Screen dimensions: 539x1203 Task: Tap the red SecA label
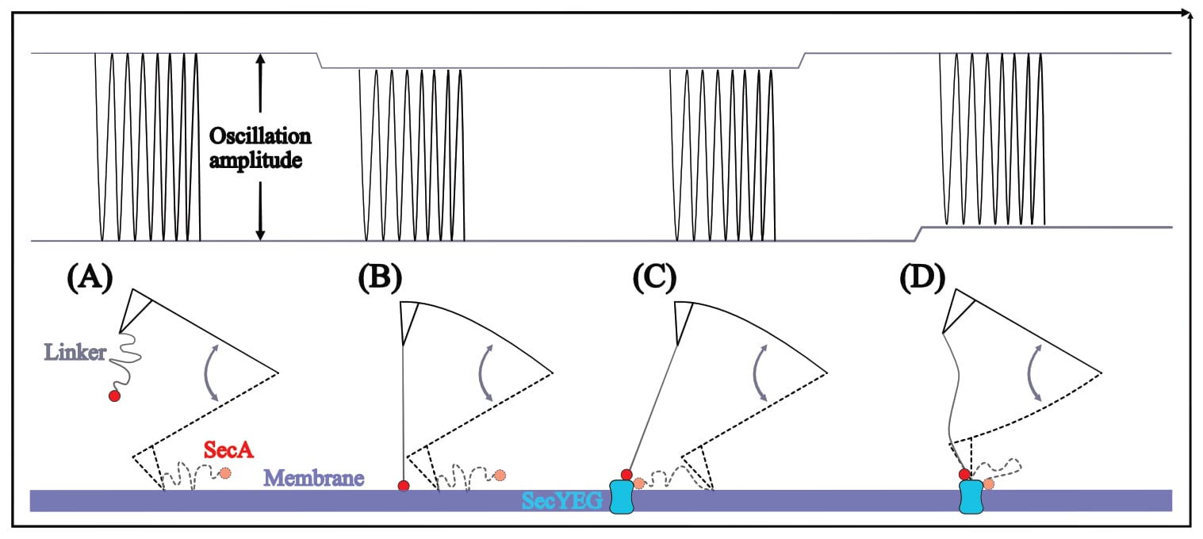click(228, 450)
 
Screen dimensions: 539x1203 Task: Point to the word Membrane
click(313, 478)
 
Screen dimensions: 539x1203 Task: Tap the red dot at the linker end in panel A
click(114, 395)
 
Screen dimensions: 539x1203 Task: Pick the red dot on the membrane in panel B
click(404, 485)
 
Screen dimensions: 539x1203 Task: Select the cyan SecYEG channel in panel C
click(621, 498)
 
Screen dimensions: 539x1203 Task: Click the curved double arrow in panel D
click(1035, 370)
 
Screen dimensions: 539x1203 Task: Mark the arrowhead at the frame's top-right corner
click(1186, 13)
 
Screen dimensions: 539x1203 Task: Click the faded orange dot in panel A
click(225, 473)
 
